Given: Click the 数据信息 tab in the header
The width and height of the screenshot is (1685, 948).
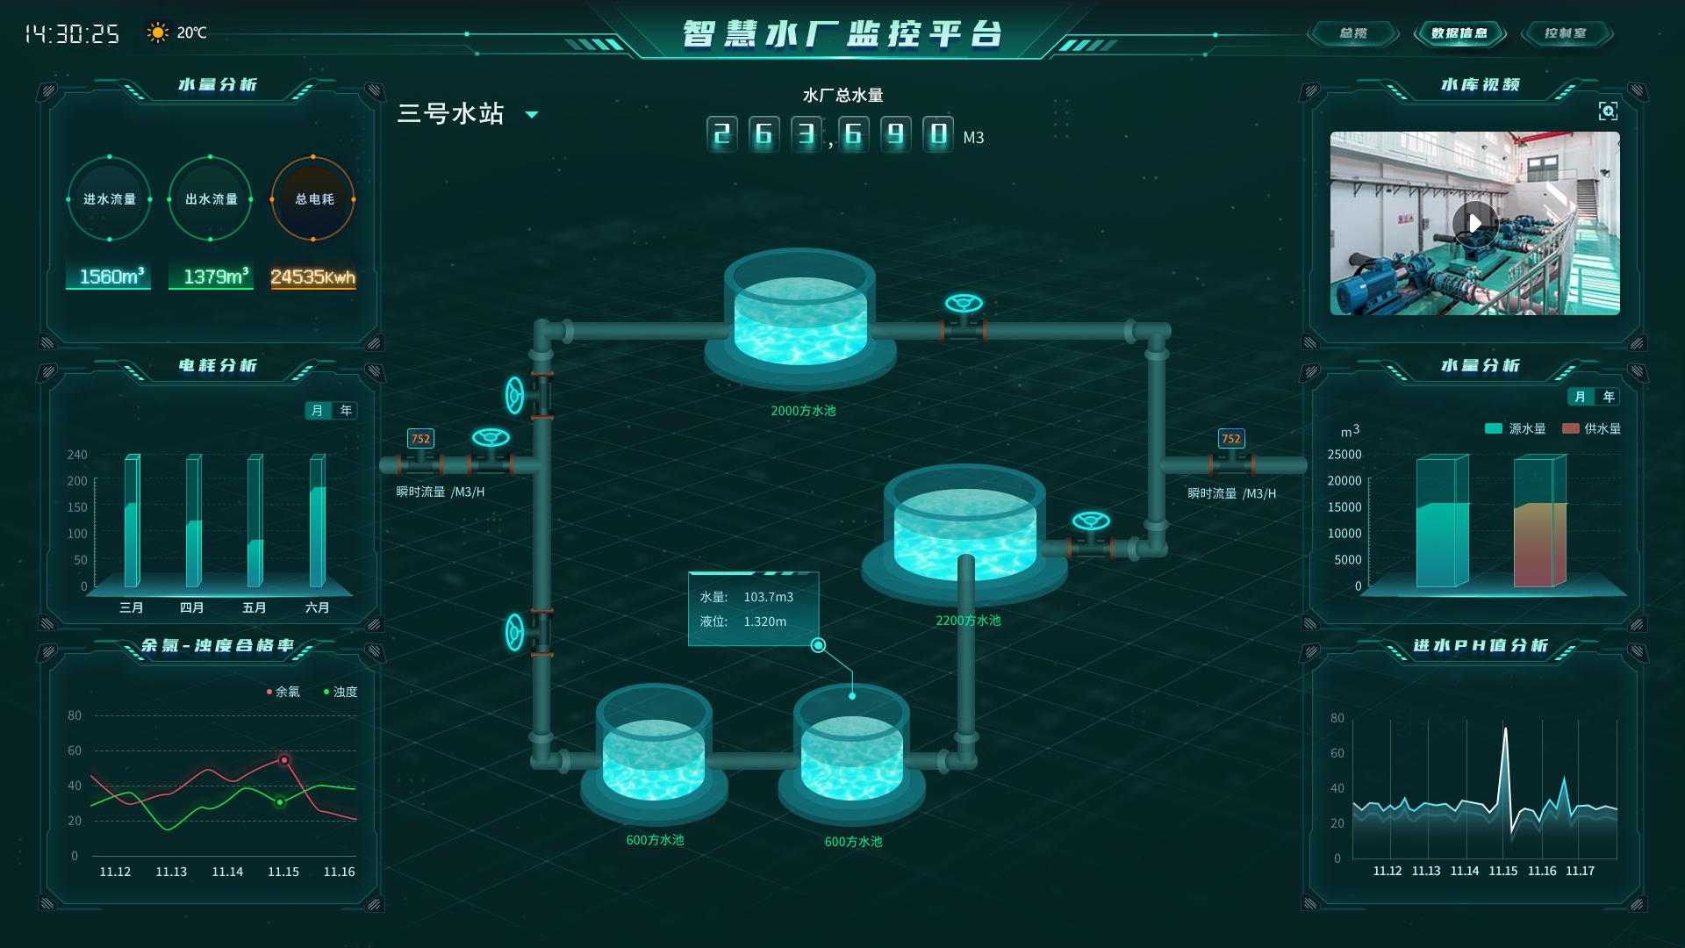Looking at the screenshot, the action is tap(1459, 33).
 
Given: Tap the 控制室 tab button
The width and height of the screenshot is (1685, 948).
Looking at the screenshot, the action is tap(1566, 33).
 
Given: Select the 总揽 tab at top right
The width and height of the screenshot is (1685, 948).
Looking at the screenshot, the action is tap(1352, 33).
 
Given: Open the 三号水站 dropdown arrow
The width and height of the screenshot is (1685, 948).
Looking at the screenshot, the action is tap(531, 115).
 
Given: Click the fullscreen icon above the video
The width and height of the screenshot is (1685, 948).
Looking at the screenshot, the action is tap(1607, 111).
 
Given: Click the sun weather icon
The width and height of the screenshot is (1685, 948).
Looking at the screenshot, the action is tap(158, 33).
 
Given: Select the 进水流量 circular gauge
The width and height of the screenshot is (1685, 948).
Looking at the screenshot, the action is tap(110, 199).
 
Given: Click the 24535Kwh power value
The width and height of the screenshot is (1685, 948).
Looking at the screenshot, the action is tap(312, 277).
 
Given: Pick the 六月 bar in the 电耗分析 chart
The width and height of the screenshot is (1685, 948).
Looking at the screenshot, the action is tap(317, 521).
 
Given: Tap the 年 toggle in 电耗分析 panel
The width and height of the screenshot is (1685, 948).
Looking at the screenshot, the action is tap(347, 410).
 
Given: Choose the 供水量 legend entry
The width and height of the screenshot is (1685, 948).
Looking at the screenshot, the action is tap(1592, 428).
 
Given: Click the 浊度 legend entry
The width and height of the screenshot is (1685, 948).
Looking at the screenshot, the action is tap(340, 692).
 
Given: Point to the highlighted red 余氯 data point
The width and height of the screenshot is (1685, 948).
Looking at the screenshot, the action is tap(283, 760).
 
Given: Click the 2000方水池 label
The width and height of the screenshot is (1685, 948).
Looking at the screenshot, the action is tap(803, 411).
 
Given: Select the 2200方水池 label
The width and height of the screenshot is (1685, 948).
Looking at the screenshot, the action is tap(968, 621).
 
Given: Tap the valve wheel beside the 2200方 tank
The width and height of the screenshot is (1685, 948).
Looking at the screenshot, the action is tap(1091, 521).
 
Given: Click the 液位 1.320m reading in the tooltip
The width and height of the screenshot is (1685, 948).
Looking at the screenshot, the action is tap(742, 621).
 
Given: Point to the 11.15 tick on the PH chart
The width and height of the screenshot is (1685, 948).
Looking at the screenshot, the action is tap(1503, 871).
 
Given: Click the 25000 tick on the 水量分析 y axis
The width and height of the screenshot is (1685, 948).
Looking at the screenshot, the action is tap(1344, 455).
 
